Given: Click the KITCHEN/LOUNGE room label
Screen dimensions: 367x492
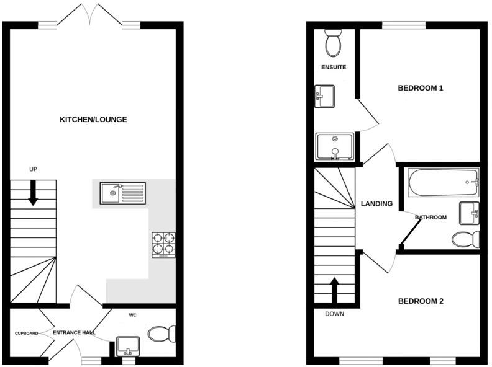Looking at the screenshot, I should click(x=93, y=120).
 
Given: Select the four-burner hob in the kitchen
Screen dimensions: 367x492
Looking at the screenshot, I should click(x=163, y=244).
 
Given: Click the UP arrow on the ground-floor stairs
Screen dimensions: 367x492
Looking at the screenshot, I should click(x=33, y=195).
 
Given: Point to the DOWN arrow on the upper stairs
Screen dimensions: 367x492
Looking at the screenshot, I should click(x=334, y=289).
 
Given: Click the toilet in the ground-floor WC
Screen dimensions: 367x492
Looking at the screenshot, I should click(x=162, y=335).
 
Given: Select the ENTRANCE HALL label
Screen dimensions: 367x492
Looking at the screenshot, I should click(x=74, y=333).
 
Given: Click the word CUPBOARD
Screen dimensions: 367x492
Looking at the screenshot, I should click(x=27, y=333).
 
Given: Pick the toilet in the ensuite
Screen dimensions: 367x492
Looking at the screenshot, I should click(x=332, y=42).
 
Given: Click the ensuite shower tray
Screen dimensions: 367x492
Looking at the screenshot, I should click(x=334, y=147).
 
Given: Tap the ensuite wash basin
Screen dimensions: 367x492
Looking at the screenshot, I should click(x=324, y=95).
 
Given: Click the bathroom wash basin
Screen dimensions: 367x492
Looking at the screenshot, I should click(x=469, y=213).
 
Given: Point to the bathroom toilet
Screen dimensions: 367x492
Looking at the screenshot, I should click(x=466, y=239).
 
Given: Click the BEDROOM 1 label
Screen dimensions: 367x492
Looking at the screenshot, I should click(x=421, y=88).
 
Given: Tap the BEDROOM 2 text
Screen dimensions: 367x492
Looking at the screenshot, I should click(x=421, y=302).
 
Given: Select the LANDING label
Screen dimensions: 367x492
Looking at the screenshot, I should click(x=376, y=204).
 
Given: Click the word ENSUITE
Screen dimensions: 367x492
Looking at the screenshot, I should click(x=334, y=67).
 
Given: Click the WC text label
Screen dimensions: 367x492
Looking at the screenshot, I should click(x=133, y=316).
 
